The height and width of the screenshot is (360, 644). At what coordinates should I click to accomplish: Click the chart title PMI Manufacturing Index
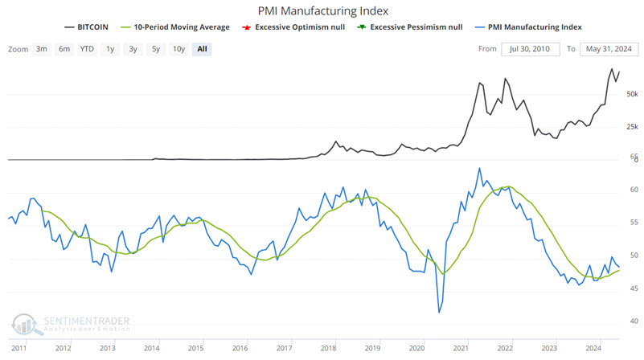tap(322, 11)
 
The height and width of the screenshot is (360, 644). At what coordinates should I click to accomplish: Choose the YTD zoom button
tap(87, 48)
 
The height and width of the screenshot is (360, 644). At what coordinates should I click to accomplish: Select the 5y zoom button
tap(156, 48)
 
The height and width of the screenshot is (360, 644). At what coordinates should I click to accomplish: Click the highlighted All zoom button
tap(201, 48)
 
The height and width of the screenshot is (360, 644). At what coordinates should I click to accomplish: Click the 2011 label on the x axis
tap(18, 348)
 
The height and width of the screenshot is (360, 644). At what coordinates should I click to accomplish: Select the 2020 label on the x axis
tap(416, 348)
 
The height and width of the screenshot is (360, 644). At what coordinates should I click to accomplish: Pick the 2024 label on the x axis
tap(593, 348)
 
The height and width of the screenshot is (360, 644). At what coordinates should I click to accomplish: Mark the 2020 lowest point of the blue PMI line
tap(440, 312)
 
